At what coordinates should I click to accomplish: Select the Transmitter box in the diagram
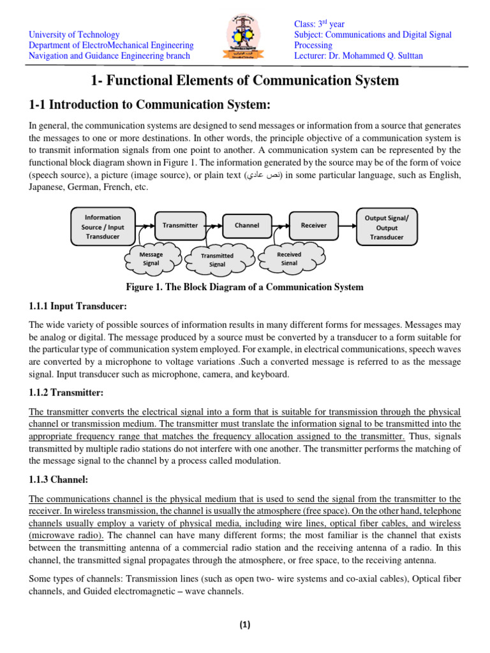[x=180, y=225]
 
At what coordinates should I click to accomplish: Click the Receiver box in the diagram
[x=313, y=225]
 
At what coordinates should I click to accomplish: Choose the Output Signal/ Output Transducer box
[x=387, y=227]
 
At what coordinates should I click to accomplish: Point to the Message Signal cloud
[x=151, y=258]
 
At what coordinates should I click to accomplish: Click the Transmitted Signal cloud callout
[x=218, y=260]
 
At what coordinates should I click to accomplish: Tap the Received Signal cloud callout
[x=289, y=258]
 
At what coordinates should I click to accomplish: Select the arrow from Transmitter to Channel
[x=214, y=225]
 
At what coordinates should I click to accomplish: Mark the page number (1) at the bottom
[x=245, y=626]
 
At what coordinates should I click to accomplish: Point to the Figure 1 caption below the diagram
[x=245, y=287]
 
